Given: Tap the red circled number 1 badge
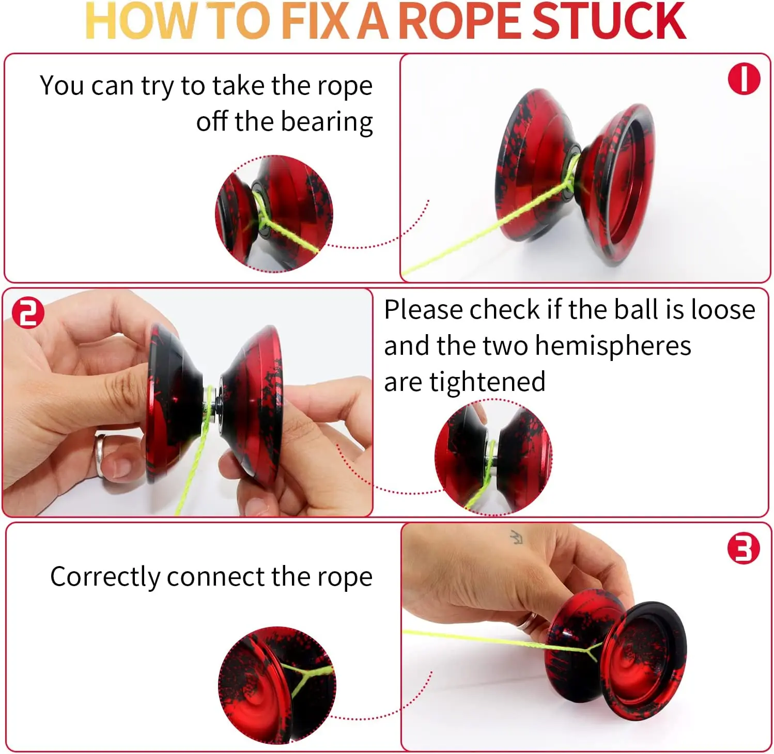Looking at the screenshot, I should [744, 79].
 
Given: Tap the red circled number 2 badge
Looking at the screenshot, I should [28, 312].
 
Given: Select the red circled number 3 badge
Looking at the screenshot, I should [743, 548].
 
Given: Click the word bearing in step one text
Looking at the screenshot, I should [327, 122].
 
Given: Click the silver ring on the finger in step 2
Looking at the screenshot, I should [99, 454].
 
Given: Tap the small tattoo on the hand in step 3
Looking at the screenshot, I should [516, 537].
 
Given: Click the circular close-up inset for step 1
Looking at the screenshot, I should [274, 213].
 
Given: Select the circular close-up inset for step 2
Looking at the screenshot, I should [493, 457].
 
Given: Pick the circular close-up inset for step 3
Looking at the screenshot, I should [277, 685].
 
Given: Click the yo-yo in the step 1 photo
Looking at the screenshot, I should [574, 176].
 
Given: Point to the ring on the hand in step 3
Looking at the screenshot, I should [528, 620].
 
